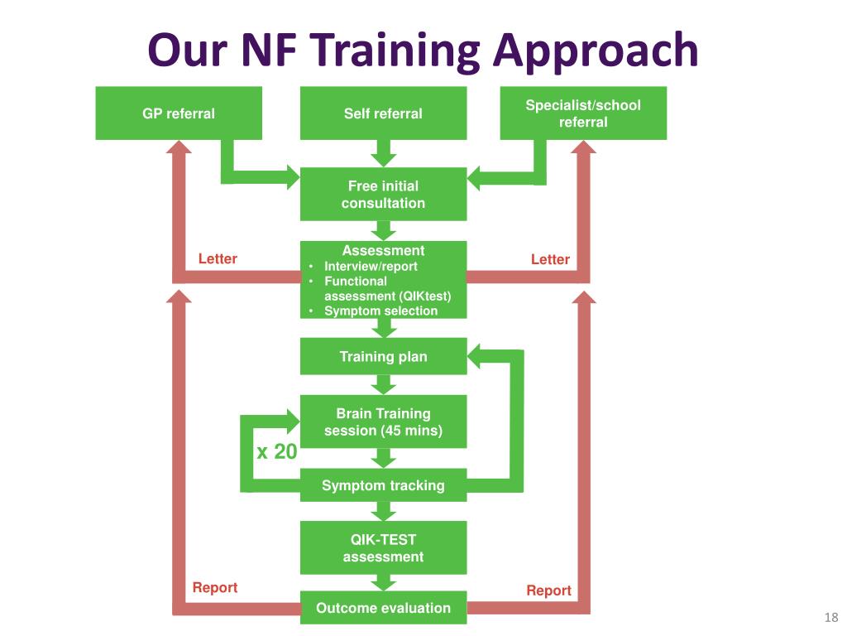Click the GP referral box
(179, 113)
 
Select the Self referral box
(383, 113)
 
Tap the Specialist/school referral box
(583, 113)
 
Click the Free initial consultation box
(383, 195)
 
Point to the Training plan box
(383, 357)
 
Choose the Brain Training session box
(383, 422)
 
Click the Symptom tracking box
(383, 485)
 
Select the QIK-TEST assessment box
(383, 548)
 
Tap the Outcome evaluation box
(383, 608)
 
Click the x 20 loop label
(276, 452)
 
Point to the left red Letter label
(218, 259)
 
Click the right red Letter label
(550, 260)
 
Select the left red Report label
(215, 588)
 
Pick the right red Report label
(549, 590)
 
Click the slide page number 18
(831, 618)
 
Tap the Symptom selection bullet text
(380, 311)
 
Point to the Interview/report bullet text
(371, 267)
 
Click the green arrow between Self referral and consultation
(383, 153)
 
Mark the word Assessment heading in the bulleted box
(383, 251)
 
